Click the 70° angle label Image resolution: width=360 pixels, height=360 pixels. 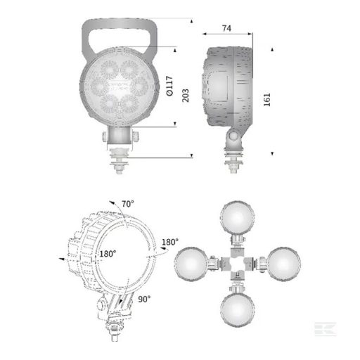point(127,205)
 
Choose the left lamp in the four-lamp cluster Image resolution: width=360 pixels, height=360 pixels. point(191,265)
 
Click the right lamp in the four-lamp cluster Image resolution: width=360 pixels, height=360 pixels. point(280,265)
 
